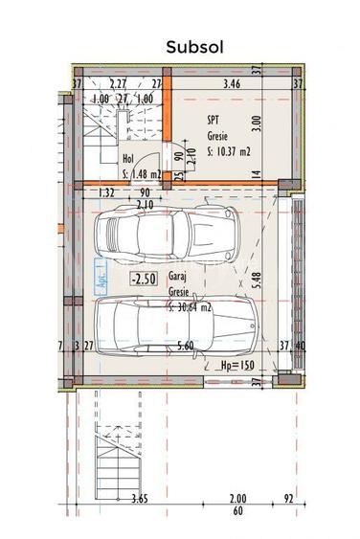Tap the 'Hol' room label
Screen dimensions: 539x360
(128, 160)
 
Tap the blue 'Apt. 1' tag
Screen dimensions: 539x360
(98, 276)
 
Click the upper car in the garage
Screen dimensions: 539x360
(170, 235)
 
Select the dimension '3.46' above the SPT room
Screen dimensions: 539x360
(232, 85)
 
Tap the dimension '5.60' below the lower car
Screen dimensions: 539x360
(186, 347)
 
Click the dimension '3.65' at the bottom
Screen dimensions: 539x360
(139, 499)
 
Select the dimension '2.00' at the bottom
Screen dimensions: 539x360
(238, 499)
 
